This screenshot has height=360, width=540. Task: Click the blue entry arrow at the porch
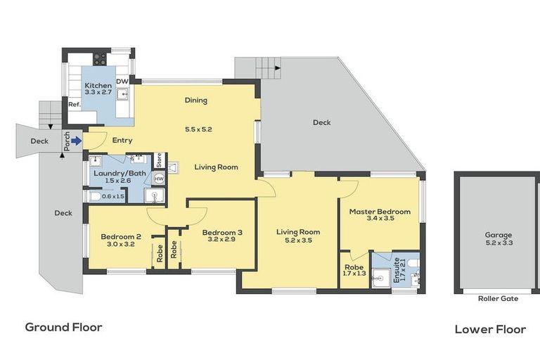[x=75, y=140]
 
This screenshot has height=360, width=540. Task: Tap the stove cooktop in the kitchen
[x=100, y=59]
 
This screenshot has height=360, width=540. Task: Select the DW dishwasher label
[x=122, y=82]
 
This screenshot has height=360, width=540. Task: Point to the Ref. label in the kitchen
[x=75, y=105]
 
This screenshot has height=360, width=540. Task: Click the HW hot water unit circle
[x=159, y=179]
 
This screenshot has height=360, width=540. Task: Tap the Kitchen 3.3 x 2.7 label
[x=98, y=89]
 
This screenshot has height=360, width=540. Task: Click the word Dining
[x=195, y=101]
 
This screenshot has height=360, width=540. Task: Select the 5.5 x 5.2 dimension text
[x=198, y=129]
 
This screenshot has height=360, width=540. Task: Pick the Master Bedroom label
[x=380, y=211]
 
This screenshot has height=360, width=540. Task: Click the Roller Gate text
[x=498, y=299]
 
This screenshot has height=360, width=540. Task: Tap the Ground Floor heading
[x=63, y=327]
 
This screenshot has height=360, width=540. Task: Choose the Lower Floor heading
[x=490, y=329]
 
